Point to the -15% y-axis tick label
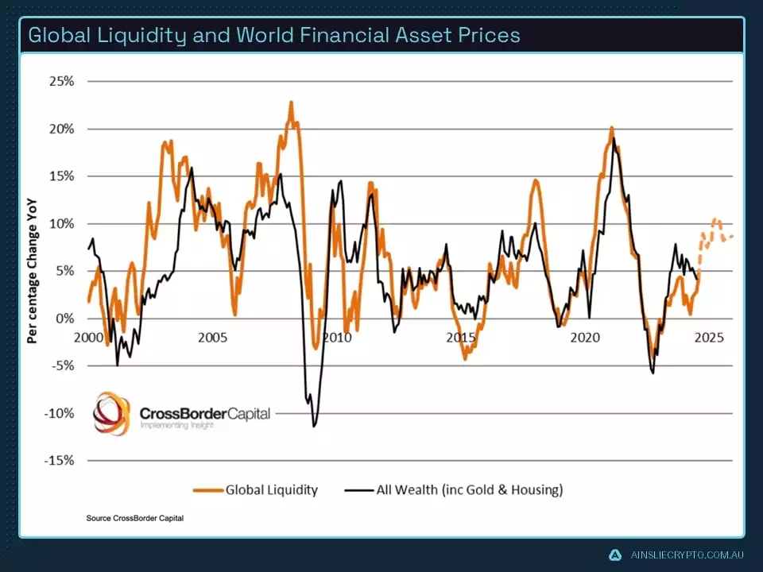(61, 461)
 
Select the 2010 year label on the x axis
(336, 337)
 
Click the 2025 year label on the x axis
(708, 337)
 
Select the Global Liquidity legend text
(271, 489)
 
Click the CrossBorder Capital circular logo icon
(112, 413)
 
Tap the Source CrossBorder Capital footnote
(135, 519)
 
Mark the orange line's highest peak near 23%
(291, 102)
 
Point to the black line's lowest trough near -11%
(314, 426)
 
